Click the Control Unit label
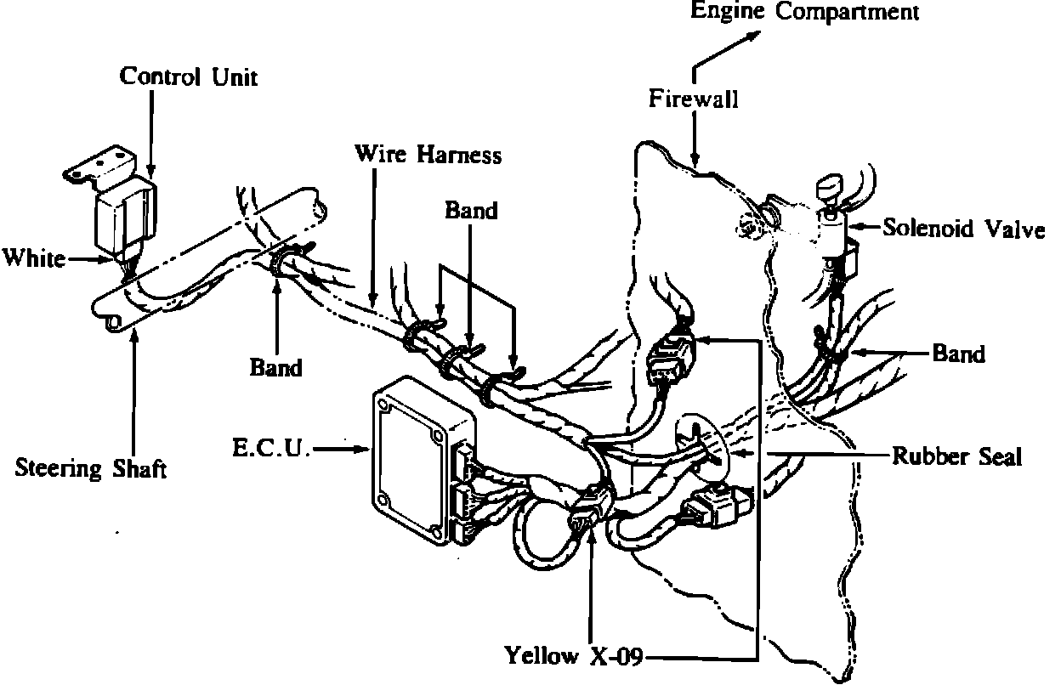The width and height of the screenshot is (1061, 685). tap(188, 76)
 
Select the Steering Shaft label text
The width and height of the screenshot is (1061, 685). tap(91, 468)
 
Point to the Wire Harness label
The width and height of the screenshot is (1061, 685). tap(428, 155)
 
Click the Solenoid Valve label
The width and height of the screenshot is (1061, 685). tap(963, 229)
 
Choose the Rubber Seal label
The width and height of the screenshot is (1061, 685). tap(956, 456)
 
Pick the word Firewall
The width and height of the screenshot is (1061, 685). tap(694, 99)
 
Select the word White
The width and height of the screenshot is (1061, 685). tap(34, 258)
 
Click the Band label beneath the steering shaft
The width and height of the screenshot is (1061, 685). tap(275, 367)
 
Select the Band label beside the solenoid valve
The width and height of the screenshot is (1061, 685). tap(958, 353)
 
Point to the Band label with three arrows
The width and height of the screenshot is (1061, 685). tap(471, 210)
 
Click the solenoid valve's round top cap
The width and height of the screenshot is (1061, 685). tap(830, 186)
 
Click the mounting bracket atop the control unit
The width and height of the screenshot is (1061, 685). tap(99, 167)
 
